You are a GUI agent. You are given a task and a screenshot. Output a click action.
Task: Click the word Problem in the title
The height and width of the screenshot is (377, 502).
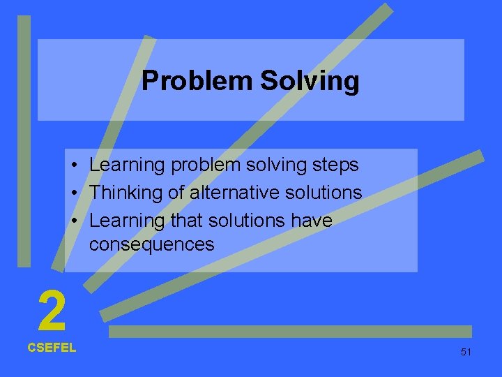click(x=197, y=82)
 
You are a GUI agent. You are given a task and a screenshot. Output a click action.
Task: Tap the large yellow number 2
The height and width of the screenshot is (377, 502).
click(x=52, y=311)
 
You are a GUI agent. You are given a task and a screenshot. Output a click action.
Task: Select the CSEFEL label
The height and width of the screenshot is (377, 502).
click(x=52, y=347)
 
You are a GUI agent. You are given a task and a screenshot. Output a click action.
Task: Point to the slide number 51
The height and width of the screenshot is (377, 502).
click(x=466, y=352)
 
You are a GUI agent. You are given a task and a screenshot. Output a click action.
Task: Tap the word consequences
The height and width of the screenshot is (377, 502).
click(x=152, y=245)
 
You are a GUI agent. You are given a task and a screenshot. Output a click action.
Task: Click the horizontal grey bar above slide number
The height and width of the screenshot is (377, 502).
click(x=290, y=332)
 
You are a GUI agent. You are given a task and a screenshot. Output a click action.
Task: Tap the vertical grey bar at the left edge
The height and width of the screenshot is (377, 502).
click(x=24, y=140)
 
